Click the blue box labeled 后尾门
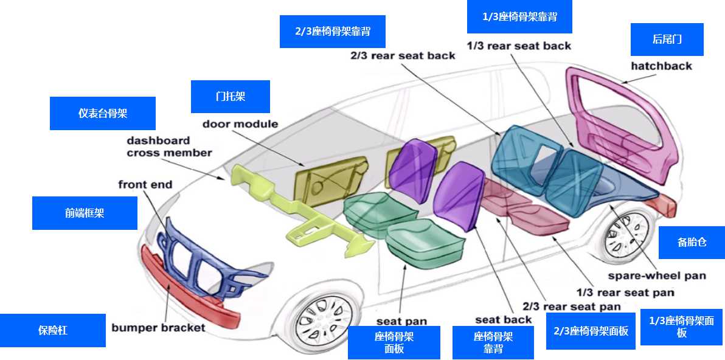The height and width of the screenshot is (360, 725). pyautogui.click(x=667, y=40)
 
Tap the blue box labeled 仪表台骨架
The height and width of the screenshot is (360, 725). pyautogui.click(x=102, y=113)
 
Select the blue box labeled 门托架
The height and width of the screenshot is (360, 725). pyautogui.click(x=230, y=97)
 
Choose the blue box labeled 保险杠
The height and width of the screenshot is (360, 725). pyautogui.click(x=52, y=330)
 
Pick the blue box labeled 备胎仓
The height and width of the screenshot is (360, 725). pyautogui.click(x=692, y=242)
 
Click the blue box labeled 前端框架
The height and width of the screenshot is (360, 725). pyautogui.click(x=85, y=213)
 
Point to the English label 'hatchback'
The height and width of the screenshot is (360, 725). pyautogui.click(x=661, y=66)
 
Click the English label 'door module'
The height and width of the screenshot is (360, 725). pyautogui.click(x=240, y=124)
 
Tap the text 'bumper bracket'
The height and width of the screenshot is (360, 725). pyautogui.click(x=158, y=328)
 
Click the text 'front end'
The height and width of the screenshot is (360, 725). pyautogui.click(x=145, y=184)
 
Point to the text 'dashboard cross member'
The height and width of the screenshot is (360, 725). pyautogui.click(x=168, y=147)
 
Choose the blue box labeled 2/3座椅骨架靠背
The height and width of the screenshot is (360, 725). pyautogui.click(x=332, y=32)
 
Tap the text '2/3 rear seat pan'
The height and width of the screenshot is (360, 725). pyautogui.click(x=571, y=306)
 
